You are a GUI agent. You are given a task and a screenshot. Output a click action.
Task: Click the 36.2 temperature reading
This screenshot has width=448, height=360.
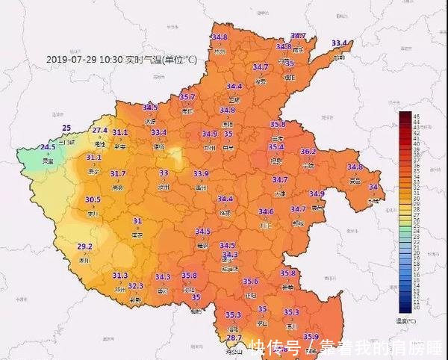click(308, 152)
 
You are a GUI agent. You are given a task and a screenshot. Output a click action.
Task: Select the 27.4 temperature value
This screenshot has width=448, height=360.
click(100, 130)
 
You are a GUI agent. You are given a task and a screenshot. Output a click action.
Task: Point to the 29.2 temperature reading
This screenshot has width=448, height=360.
click(84, 246)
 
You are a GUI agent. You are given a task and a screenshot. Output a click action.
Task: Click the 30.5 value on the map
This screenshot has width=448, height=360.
click(93, 199)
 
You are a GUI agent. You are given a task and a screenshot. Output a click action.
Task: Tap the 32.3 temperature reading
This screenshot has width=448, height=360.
click(135, 285)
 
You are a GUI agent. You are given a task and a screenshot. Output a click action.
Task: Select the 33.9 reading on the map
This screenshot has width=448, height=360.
click(201, 173)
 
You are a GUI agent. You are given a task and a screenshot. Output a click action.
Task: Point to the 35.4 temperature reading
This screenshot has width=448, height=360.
click(276, 147)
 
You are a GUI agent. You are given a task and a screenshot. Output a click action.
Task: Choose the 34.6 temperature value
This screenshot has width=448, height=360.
click(266, 211)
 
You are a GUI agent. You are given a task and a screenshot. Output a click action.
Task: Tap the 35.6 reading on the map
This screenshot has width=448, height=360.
click(250, 281)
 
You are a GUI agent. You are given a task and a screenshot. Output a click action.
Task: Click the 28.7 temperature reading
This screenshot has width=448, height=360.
click(234, 338)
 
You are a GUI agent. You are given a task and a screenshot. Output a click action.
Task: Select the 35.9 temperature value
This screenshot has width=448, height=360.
click(311, 336)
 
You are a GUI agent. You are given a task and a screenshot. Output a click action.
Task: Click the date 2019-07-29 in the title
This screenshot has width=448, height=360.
click(72, 59)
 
